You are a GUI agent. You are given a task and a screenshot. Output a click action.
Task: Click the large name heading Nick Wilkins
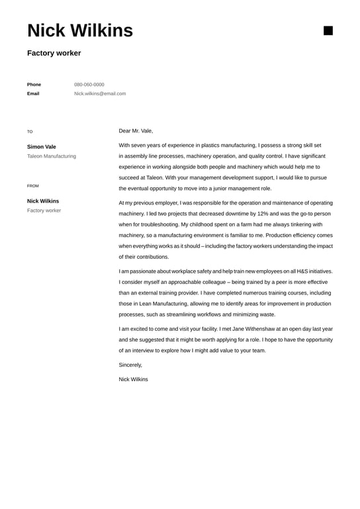pyautogui.click(x=80, y=30)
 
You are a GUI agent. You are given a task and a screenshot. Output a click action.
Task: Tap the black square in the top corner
pyautogui.click(x=328, y=30)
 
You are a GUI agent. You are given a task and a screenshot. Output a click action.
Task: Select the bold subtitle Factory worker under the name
pyautogui.click(x=54, y=53)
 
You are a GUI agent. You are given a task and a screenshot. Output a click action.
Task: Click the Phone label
pyautogui.click(x=34, y=85)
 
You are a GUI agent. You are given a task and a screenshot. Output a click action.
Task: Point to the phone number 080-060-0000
pyautogui.click(x=89, y=85)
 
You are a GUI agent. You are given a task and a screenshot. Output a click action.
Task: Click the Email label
pyautogui.click(x=33, y=94)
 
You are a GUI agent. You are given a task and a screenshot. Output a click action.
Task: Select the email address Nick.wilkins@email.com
pyautogui.click(x=100, y=94)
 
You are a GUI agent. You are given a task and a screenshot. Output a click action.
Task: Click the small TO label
pyautogui.click(x=30, y=132)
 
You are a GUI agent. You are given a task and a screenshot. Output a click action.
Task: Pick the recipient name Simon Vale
pyautogui.click(x=42, y=147)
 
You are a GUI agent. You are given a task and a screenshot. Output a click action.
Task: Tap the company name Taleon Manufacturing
pyautogui.click(x=52, y=156)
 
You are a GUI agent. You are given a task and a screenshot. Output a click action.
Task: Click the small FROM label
pyautogui.click(x=33, y=186)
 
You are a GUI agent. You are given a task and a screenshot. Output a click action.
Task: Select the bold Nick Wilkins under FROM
pyautogui.click(x=43, y=201)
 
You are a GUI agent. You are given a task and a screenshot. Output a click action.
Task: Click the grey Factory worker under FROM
pyautogui.click(x=44, y=210)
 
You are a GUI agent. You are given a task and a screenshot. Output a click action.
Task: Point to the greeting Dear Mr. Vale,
pyautogui.click(x=136, y=131)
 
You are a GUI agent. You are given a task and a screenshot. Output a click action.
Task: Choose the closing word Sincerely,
pyautogui.click(x=130, y=365)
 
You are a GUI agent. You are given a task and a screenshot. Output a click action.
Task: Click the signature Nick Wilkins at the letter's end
pyautogui.click(x=133, y=379)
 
